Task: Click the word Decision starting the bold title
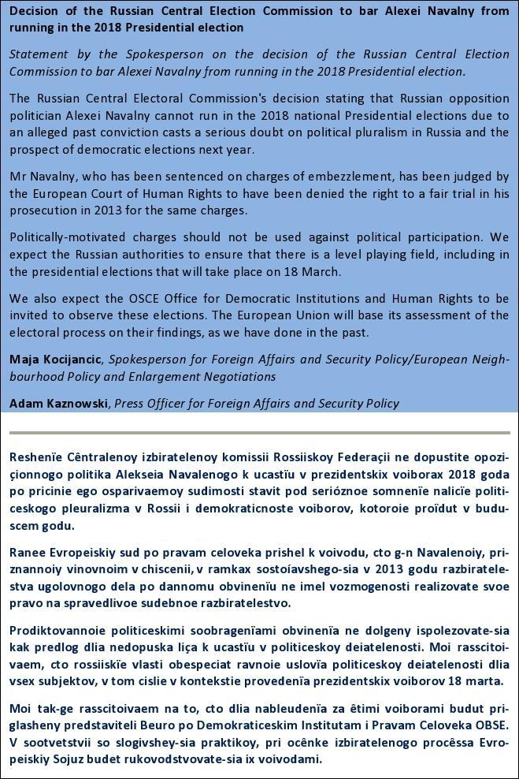click(x=35, y=11)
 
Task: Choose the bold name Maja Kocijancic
click(x=56, y=360)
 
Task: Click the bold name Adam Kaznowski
click(x=60, y=403)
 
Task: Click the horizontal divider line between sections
click(x=259, y=433)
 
